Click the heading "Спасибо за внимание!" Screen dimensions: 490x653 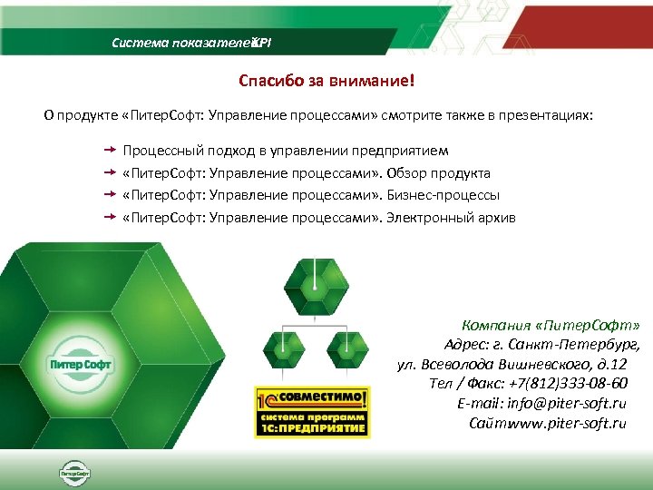pyautogui.click(x=326, y=82)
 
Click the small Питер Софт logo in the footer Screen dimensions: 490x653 pyautogui.click(x=74, y=473)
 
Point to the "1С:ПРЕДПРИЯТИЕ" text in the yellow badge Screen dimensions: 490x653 pyautogui.click(x=323, y=427)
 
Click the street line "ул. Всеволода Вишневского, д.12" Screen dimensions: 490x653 pyautogui.click(x=512, y=364)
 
